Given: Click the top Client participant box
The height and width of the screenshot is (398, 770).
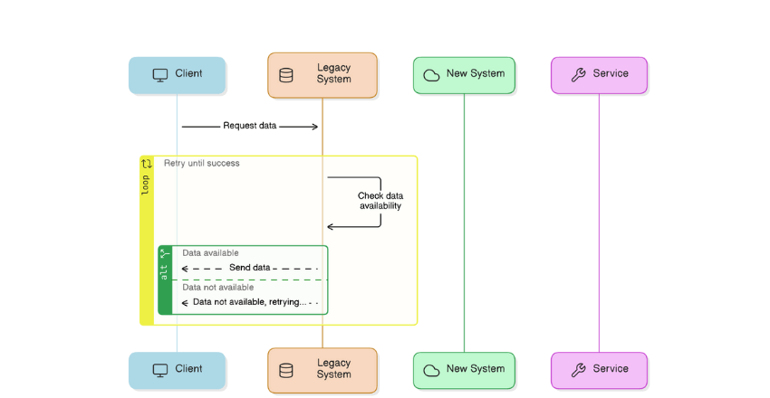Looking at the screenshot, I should (177, 74).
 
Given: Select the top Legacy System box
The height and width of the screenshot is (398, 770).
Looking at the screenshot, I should (322, 74).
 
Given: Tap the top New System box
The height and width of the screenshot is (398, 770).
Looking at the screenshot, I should (464, 74).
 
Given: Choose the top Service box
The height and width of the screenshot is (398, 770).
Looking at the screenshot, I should (599, 74).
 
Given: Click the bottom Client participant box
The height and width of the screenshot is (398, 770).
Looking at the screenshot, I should (177, 369).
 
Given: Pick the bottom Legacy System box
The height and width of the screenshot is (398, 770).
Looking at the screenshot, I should (322, 369).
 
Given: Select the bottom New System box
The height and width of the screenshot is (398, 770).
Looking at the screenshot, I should (464, 369).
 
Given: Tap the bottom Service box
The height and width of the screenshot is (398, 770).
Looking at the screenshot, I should (599, 369).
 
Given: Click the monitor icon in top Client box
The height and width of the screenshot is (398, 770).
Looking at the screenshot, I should (159, 74).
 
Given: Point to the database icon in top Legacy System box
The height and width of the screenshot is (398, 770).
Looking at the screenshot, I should (286, 75).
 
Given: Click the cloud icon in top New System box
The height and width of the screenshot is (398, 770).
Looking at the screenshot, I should (431, 75).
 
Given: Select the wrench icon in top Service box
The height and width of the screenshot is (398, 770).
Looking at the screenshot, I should (578, 74).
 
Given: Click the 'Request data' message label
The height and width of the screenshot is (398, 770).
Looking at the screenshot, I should (250, 127).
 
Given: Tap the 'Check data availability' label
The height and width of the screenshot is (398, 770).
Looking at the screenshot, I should (380, 201).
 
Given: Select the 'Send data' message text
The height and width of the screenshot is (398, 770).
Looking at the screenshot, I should (249, 268).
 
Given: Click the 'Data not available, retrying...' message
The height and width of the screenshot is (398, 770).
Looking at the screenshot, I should (249, 302).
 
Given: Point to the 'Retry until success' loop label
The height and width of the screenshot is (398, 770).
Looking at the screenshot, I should (201, 164).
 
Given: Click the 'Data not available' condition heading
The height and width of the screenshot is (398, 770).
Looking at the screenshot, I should (217, 288).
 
